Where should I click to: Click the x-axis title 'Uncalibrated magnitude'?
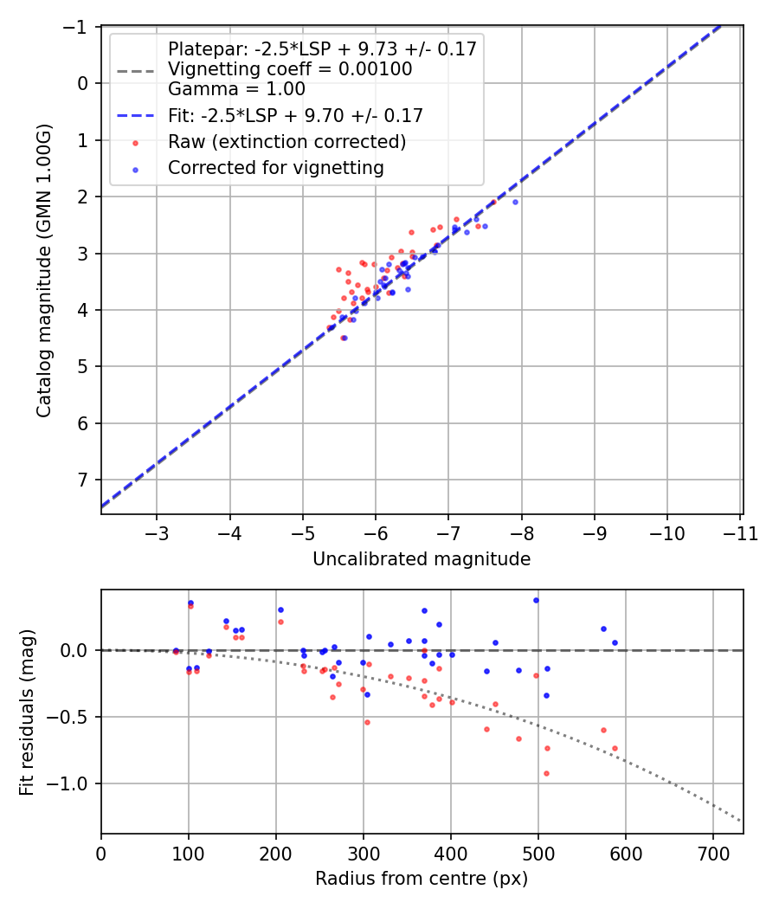(421, 560)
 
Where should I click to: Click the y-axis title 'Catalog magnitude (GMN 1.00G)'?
(44, 270)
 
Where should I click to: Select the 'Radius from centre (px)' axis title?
(421, 880)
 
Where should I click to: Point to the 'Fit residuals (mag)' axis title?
(27, 712)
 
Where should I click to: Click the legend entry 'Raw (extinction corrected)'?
(286, 142)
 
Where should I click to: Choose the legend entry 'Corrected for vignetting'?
(275, 168)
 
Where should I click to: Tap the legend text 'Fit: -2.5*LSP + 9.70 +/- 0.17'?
(295, 115)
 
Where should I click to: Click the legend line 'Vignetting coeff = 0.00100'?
(290, 69)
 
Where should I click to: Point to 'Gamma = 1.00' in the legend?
(236, 88)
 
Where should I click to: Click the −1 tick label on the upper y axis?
(79, 27)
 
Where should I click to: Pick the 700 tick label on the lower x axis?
(712, 852)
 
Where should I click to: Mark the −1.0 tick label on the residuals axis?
(74, 784)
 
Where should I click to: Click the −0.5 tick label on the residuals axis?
(74, 717)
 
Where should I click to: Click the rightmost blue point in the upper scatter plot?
(515, 202)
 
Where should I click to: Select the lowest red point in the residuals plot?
(546, 773)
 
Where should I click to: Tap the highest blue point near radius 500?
(536, 600)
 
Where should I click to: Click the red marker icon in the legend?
(135, 142)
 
